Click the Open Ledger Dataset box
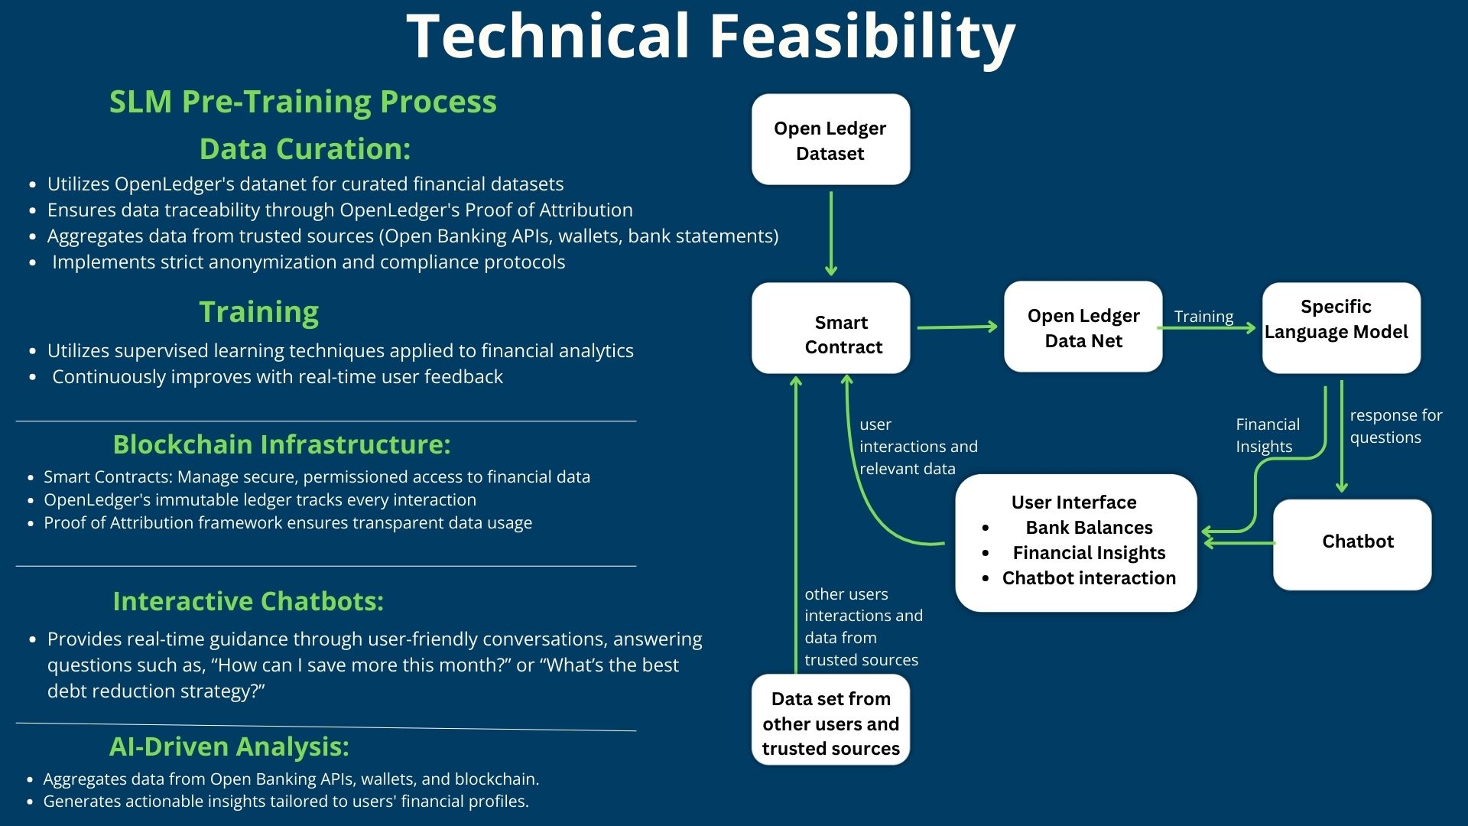point(830,139)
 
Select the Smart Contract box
point(830,328)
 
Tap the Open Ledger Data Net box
point(1083,327)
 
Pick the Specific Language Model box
point(1341,328)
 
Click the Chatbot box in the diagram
point(1352,545)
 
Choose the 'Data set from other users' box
point(830,720)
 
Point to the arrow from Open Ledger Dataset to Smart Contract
point(831,233)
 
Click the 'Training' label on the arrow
point(1203,317)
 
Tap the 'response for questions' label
point(1395,426)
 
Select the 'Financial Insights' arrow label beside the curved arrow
point(1268,435)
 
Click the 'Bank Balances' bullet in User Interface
point(1089,528)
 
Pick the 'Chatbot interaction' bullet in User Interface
point(1089,578)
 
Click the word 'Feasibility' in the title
point(863,37)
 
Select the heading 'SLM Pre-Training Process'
point(303,102)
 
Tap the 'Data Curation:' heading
point(305,149)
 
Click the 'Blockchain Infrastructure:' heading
point(281,444)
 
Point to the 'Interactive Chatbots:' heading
point(248,601)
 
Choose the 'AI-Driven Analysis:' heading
point(229,746)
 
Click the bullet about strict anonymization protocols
point(309,262)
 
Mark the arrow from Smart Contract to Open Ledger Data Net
point(957,327)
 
